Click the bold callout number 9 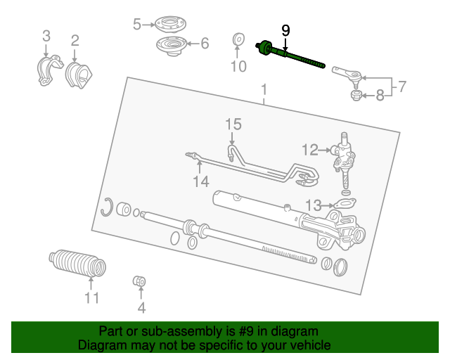coord(285,30)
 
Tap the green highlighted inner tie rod coord(290,54)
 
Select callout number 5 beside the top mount coord(137,24)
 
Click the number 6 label coord(205,44)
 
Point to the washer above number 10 coord(238,39)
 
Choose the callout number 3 coord(46,36)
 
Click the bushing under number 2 coord(79,75)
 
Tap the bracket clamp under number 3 coord(49,70)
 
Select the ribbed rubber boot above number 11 coord(77,264)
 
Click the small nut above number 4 coord(139,281)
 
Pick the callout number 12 coord(310,150)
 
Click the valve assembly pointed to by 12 coord(344,160)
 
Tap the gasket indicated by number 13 coord(345,203)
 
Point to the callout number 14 coord(201,181)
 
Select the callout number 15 coord(233,124)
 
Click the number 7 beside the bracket coord(402,86)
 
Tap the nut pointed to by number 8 coord(356,96)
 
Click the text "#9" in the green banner coord(246,331)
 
